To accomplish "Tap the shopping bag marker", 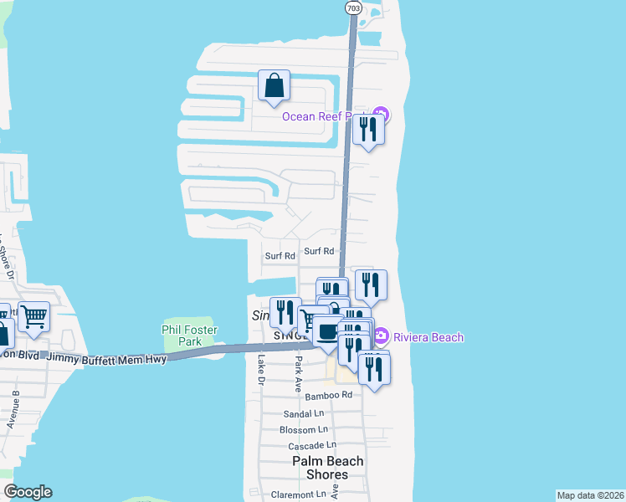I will [x=274, y=85].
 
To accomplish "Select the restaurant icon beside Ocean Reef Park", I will [x=368, y=130].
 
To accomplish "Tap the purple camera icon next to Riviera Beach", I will [x=381, y=336].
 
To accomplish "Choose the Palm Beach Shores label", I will [x=328, y=468].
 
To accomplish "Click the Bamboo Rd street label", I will [x=329, y=396].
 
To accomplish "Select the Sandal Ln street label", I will [x=304, y=413].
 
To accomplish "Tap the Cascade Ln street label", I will [x=311, y=446].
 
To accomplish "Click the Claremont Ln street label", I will [x=299, y=494].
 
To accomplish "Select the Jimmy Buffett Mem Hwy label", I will [x=106, y=358].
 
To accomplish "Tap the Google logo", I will [x=28, y=492].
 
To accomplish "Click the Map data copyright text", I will [x=591, y=495].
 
